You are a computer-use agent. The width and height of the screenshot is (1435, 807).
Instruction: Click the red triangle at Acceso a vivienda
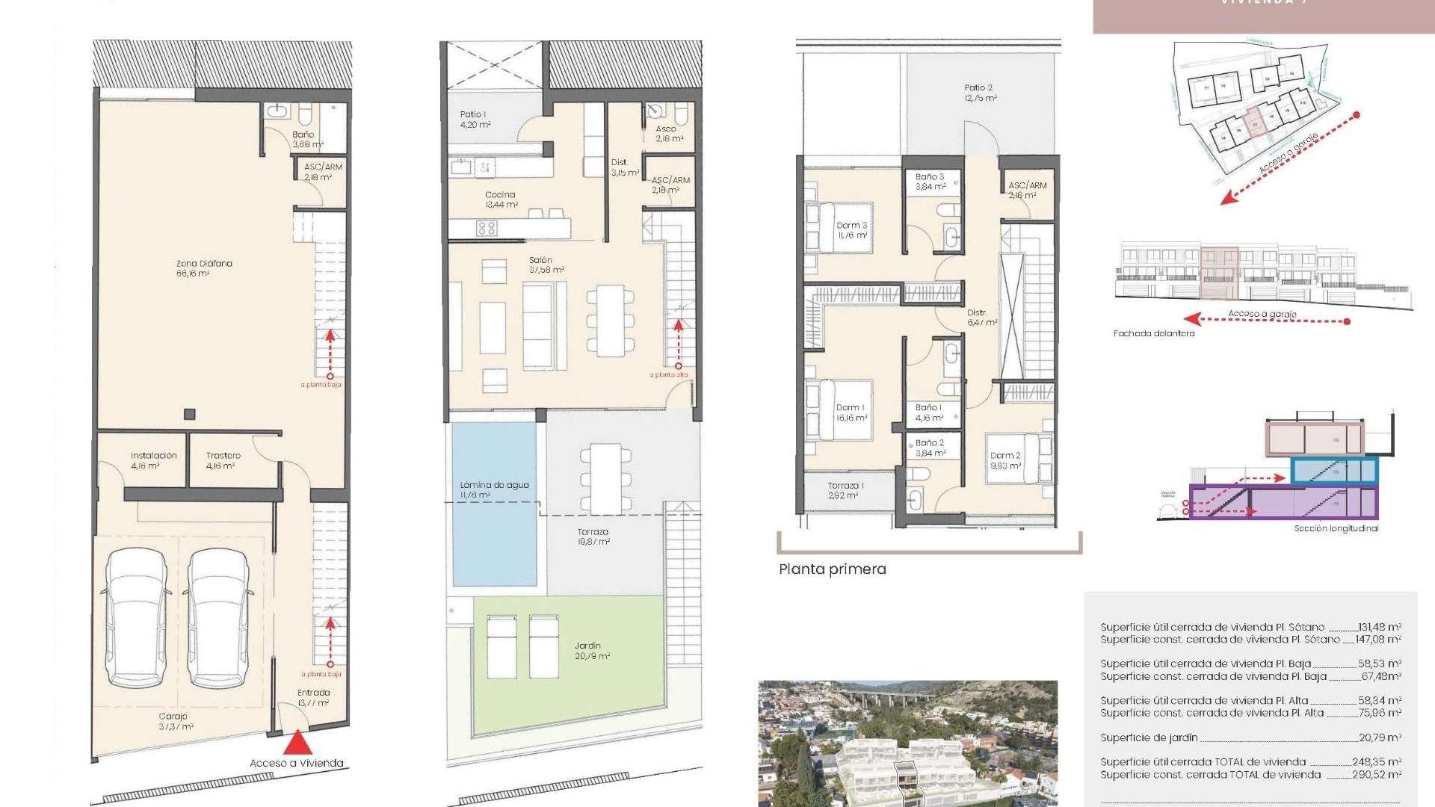pyautogui.click(x=297, y=743)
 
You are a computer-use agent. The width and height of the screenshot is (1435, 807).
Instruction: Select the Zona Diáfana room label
pyautogui.click(x=203, y=268)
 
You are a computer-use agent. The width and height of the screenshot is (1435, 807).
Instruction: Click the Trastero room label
pyautogui.click(x=223, y=460)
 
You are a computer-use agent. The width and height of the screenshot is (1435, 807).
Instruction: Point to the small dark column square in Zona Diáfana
pyautogui.click(x=190, y=414)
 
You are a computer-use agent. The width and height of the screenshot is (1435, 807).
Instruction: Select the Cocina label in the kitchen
pyautogui.click(x=500, y=200)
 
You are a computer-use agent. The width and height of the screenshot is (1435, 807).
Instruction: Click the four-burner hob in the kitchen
pyautogui.click(x=487, y=228)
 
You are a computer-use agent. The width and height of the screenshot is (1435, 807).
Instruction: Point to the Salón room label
pyautogui.click(x=546, y=265)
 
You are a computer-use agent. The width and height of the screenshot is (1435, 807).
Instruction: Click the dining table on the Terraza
pyautogui.click(x=606, y=478)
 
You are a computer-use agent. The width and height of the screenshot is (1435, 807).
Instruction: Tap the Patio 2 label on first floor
pyautogui.click(x=978, y=93)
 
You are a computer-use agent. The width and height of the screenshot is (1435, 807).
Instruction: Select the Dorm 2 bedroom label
pyautogui.click(x=1004, y=460)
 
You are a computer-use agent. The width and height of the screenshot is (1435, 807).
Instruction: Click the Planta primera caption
pyautogui.click(x=832, y=569)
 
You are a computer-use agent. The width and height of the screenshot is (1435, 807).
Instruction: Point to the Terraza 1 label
pyautogui.click(x=845, y=490)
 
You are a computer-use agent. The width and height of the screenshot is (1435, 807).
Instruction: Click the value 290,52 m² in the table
pyautogui.click(x=1376, y=775)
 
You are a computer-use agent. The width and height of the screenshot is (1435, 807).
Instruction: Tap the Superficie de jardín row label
pyautogui.click(x=1148, y=738)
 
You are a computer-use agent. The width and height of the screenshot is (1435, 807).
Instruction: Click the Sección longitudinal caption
pyautogui.click(x=1336, y=528)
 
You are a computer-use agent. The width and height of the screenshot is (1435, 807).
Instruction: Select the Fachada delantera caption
pyautogui.click(x=1153, y=333)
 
